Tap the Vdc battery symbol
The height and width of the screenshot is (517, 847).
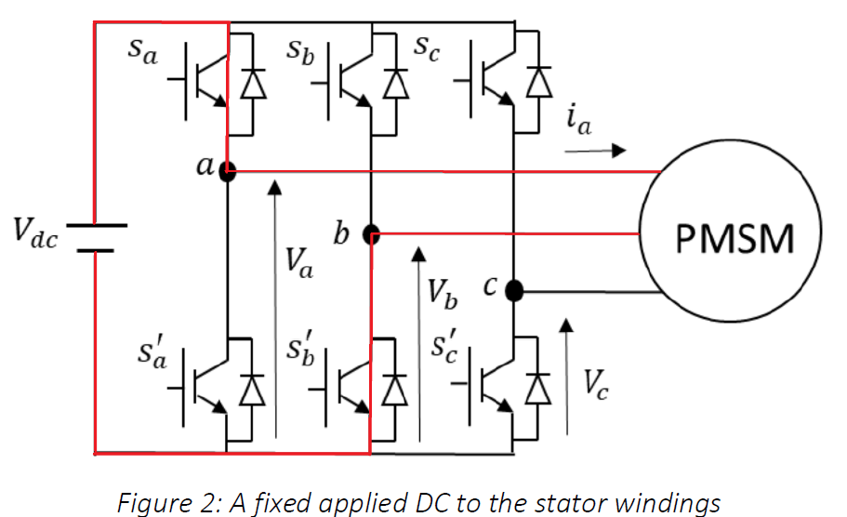click(x=96, y=236)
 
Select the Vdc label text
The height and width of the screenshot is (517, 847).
click(x=35, y=233)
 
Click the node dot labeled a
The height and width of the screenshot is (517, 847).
click(x=228, y=171)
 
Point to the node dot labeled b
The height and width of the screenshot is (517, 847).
click(x=371, y=232)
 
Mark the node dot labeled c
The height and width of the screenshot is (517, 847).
click(x=514, y=293)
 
